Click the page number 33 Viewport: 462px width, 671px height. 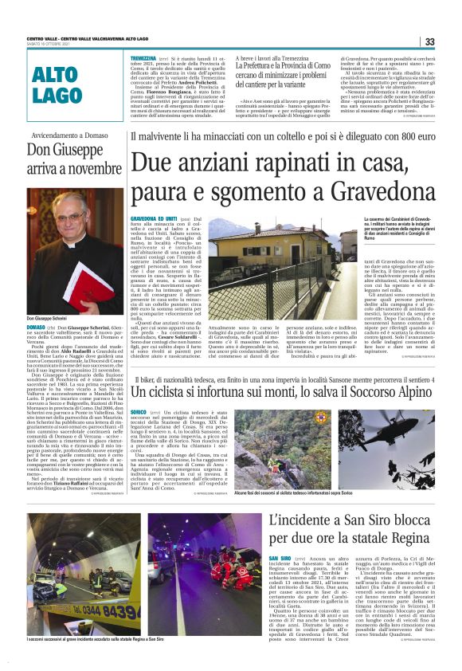click(x=429, y=41)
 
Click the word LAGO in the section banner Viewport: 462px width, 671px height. click(x=57, y=96)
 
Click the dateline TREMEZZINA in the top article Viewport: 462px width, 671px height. click(x=143, y=58)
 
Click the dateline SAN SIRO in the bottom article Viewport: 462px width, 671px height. click(x=280, y=559)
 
